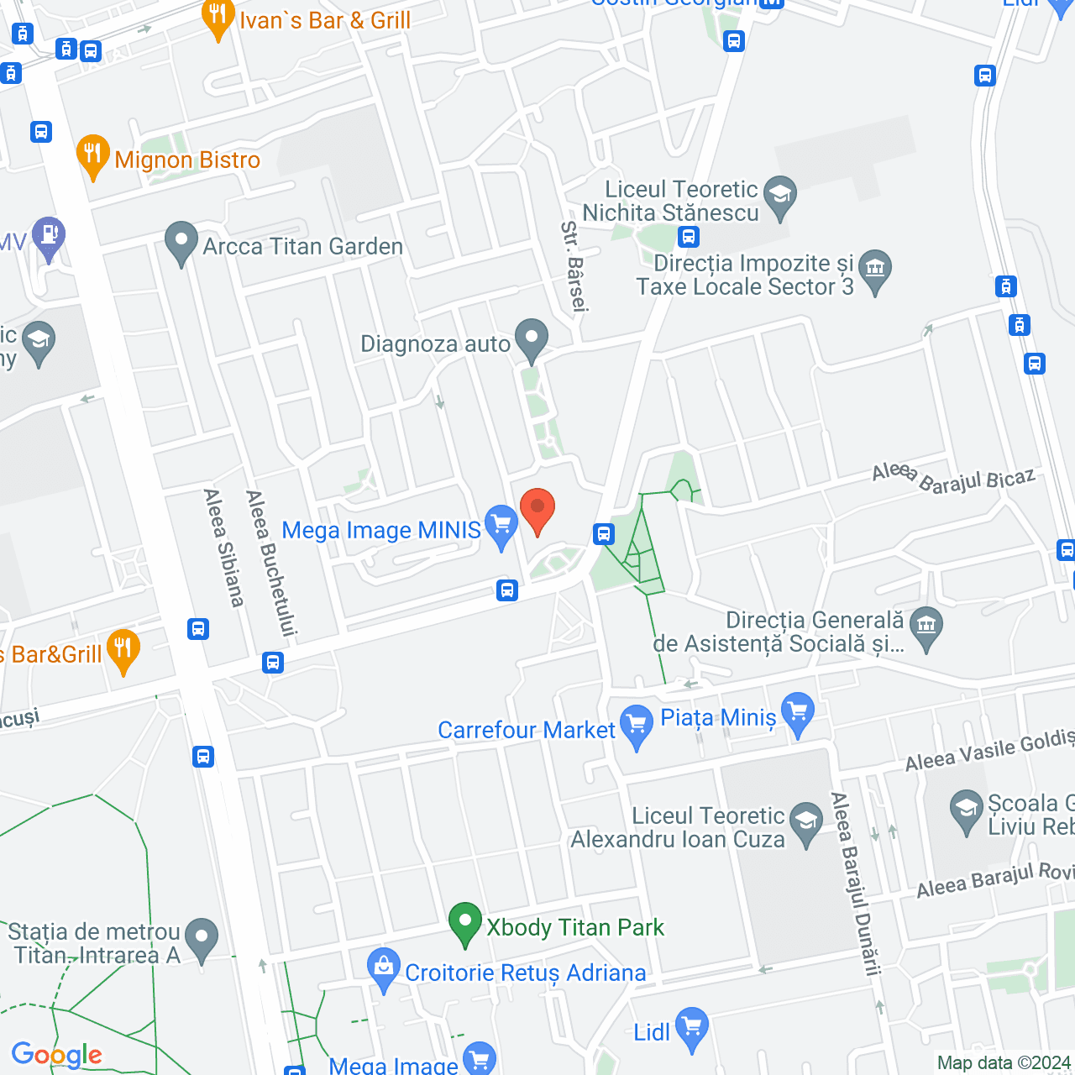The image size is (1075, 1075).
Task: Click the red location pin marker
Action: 537,509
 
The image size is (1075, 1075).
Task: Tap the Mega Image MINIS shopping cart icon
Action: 501,526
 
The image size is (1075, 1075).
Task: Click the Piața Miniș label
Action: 718,718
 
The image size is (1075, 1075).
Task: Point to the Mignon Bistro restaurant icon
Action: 92,155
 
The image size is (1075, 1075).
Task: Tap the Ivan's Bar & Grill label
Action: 325,20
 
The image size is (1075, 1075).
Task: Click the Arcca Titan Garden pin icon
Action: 181,243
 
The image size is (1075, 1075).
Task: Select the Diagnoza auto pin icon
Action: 531,339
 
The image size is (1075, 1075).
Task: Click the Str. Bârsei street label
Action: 574,267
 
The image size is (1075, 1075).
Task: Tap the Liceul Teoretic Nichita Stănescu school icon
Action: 780,197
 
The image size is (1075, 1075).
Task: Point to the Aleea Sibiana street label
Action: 223,548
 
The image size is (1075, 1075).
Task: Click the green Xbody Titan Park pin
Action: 464,923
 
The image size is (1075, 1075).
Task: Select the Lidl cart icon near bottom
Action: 692,1028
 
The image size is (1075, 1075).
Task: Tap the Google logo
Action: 57,1055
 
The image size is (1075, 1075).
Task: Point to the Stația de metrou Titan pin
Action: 201,939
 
